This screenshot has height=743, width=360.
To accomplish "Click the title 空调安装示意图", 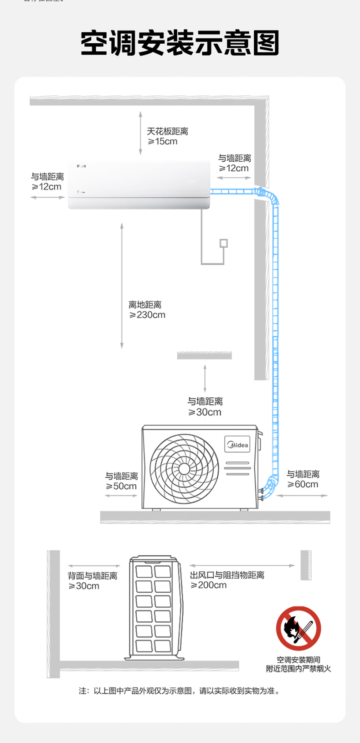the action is (180, 43).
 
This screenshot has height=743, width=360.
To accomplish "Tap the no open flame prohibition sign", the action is (298, 628).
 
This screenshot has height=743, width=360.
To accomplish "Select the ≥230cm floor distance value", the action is (147, 315).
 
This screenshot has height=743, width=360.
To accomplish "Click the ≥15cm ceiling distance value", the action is (163, 141).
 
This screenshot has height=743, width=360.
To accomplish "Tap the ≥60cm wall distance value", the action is (303, 484).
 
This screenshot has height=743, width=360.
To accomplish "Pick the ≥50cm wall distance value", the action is (121, 486).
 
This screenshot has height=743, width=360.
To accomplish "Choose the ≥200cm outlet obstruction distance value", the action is (208, 585).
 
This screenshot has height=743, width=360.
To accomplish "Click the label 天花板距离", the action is (167, 131).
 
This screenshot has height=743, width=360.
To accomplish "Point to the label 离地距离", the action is (145, 305).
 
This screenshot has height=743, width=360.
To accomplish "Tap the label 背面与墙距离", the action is (93, 576).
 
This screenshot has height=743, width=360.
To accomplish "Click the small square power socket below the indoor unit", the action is (223, 243).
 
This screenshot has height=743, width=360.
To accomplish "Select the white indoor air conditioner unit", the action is (139, 185).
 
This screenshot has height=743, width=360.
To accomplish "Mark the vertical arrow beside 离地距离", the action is (122, 286).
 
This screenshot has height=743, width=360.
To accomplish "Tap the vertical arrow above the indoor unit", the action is (140, 133).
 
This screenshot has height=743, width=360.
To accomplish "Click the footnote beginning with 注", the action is (179, 691).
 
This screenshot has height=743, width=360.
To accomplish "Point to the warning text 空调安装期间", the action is (298, 660).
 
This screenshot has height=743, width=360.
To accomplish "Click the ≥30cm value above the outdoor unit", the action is (205, 412).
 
